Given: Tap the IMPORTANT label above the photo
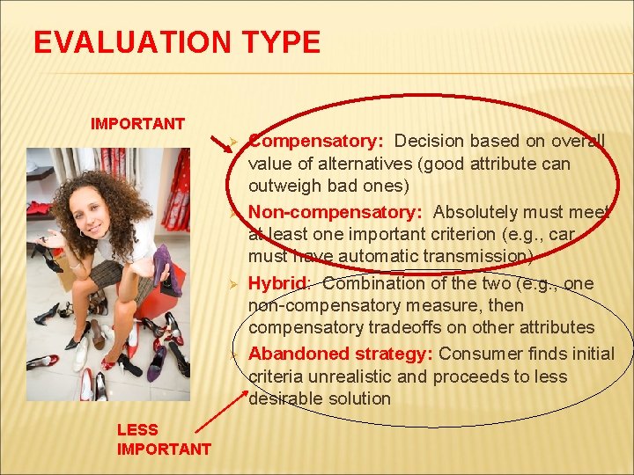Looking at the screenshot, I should (137, 123).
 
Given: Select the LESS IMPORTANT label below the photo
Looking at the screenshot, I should (164, 439).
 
